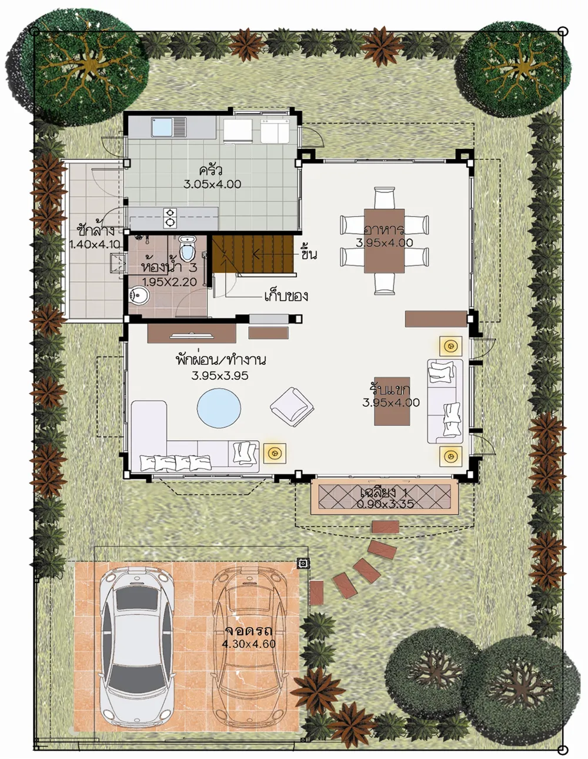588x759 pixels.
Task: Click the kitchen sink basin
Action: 162,126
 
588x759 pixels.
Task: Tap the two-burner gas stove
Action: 170,217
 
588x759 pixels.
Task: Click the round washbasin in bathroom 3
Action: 139,296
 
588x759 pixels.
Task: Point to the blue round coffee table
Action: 219,408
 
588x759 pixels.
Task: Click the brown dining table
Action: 384,241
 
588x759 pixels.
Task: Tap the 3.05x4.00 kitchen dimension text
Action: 212,184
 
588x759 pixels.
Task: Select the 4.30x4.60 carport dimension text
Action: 249,644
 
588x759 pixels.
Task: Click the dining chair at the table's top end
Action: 384,198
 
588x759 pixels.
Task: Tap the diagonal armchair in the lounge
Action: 292,407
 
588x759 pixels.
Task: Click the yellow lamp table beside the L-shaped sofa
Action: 275,454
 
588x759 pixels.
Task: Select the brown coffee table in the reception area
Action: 392,401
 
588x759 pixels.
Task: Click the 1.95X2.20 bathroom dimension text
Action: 169,282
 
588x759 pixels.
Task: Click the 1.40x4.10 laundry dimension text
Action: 95,244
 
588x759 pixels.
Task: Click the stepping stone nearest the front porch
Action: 385,527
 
